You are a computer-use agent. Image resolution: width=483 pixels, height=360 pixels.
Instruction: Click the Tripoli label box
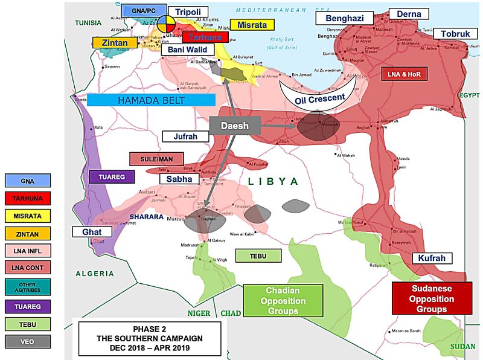[188, 12]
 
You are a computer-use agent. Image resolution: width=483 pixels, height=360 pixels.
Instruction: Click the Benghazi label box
[345, 18]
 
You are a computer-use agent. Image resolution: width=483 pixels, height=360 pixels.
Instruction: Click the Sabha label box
[179, 179]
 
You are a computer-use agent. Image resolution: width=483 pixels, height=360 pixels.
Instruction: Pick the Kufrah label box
[432, 259]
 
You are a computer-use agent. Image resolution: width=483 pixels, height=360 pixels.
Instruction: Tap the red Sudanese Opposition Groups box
[431, 298]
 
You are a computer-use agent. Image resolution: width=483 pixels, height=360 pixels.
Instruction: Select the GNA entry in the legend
[27, 180]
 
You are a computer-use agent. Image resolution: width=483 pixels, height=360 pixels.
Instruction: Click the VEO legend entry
[27, 342]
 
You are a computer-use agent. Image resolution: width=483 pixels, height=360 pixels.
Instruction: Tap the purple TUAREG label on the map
[106, 177]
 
